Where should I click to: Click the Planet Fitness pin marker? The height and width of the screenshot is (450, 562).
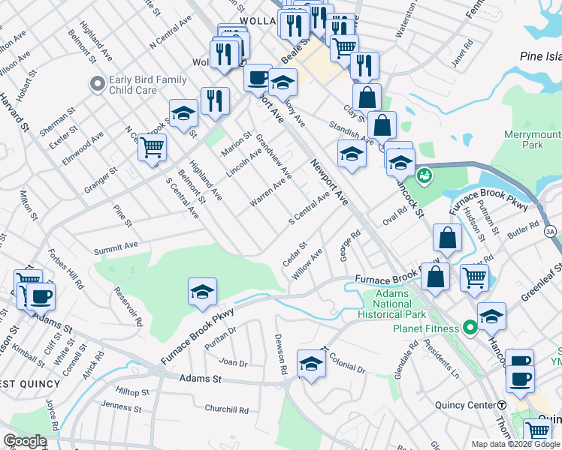(470, 328)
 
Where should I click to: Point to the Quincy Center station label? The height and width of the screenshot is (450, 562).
(462, 405)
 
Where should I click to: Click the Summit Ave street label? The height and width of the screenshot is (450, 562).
(116, 245)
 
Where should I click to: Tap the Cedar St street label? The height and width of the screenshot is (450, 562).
(295, 253)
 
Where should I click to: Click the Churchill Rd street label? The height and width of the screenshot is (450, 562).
(226, 409)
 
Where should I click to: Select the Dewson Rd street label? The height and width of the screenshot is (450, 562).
(280, 354)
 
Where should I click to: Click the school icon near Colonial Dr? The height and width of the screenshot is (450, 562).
(311, 363)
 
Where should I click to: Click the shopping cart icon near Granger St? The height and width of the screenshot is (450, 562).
(152, 147)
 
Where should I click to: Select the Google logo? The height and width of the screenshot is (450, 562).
(25, 440)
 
